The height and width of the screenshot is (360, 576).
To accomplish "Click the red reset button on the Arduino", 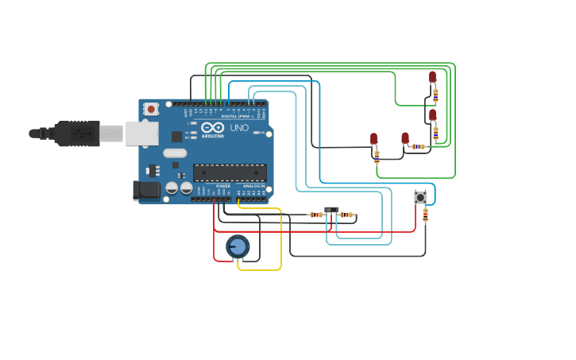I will point(151,109).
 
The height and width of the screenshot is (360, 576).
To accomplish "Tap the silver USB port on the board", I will point(141,134).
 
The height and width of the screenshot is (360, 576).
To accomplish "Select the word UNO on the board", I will point(239,128).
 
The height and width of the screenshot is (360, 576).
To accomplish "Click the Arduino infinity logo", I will point(212,127).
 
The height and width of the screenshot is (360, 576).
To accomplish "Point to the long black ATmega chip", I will point(230,172).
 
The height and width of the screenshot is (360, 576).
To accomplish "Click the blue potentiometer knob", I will point(238,246).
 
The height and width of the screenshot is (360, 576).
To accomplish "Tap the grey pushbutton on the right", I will point(420,196).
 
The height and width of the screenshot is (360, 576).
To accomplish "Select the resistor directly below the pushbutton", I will point(425,214).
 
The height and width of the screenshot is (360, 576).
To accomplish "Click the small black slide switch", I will point(331,210).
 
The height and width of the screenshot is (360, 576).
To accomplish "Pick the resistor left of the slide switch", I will point(316,215).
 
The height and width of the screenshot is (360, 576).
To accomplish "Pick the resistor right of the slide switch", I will point(346,215).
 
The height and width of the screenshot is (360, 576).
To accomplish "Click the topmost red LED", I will point(432,77).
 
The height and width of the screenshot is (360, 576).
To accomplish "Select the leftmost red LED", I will point(373,139).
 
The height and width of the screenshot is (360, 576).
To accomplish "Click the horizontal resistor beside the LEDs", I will point(418,146).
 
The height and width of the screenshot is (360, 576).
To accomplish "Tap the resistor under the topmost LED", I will point(435,95).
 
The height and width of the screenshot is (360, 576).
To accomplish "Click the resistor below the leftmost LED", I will point(377,156).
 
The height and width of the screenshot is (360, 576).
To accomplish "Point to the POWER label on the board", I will point(223,186).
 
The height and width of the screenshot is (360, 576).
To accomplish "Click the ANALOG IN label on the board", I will point(254,186).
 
